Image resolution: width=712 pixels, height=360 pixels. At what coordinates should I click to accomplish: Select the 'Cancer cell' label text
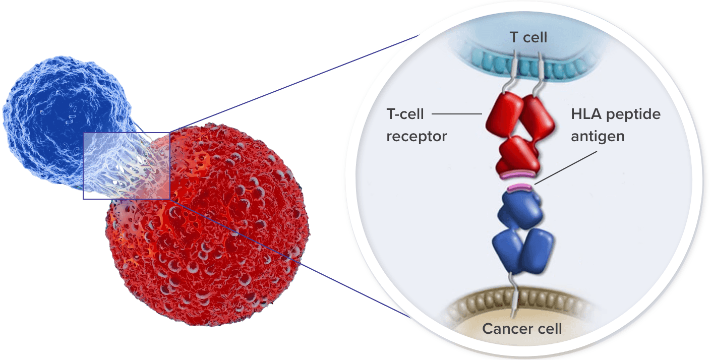coord(522,329)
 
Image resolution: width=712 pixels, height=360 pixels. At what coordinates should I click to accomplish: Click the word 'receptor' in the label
coord(417,136)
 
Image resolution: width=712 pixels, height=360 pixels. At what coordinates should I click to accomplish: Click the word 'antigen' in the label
coord(598,136)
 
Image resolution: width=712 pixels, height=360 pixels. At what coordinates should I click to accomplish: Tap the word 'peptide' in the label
coord(634,114)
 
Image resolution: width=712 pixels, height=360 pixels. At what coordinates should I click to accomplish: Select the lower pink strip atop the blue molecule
coord(520,189)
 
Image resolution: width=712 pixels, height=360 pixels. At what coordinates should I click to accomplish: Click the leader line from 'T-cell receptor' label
coord(457,114)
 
